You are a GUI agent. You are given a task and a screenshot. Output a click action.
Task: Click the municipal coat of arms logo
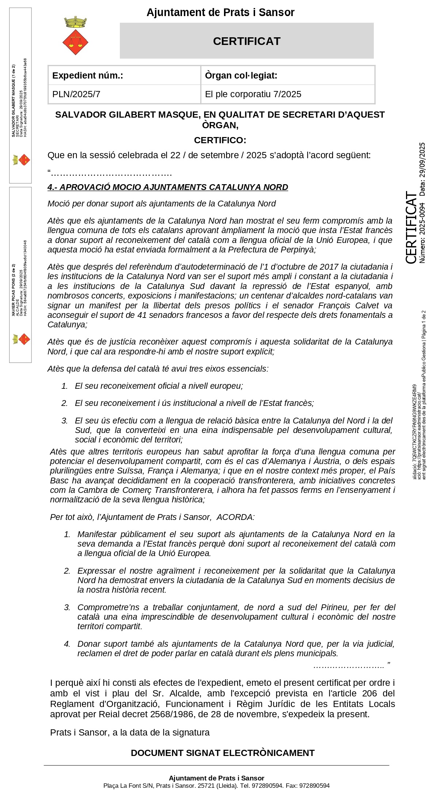point(75,35)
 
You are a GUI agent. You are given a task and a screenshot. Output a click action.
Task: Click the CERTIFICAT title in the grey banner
point(247,41)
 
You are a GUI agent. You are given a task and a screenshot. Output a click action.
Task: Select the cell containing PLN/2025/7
point(124,94)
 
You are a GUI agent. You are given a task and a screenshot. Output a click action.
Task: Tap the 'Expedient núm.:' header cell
point(124,76)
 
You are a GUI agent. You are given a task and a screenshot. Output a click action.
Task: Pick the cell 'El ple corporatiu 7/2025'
point(288,94)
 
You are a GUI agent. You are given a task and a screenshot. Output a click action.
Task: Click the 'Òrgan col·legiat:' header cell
point(288,76)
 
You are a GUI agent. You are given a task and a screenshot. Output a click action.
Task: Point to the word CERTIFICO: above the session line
point(220,140)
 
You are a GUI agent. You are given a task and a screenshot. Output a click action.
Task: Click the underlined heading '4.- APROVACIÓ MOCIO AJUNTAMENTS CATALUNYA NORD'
point(168,187)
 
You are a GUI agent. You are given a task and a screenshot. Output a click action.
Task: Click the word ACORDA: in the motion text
point(236,517)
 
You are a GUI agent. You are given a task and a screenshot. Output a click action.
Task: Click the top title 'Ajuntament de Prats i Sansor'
point(220,12)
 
